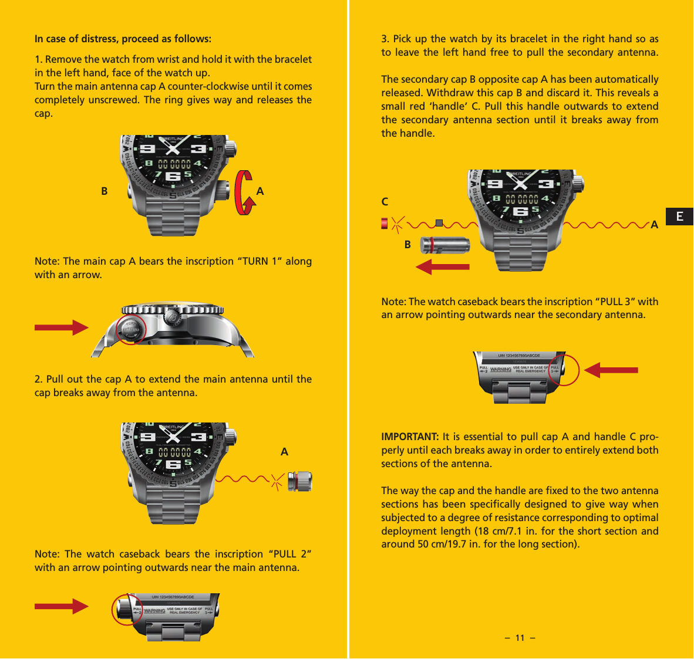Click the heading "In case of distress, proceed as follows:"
pos(123,39)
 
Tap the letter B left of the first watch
pos(105,191)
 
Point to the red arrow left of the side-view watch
pos(61,327)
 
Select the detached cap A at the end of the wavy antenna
pos(300,481)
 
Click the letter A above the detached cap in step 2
pos(284,452)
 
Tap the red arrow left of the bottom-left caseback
pos(61,606)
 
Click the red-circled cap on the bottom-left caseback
pos(126,610)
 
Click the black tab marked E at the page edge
pos(679,217)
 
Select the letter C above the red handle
pos(385,202)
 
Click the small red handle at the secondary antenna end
pos(385,224)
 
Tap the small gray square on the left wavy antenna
pos(439,223)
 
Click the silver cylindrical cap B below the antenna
pos(445,245)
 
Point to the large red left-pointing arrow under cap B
pos(443,267)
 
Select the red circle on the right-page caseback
pos(562,370)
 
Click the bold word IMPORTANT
pos(410,437)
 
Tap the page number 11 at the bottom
pos(520,638)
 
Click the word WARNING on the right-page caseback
pos(500,370)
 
